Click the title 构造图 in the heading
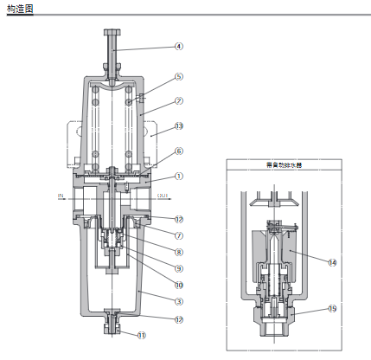coord(19,8)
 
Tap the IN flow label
coord(61,196)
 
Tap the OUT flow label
coord(163,196)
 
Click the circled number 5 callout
coord(179,76)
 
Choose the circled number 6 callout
coord(179,151)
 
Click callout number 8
coord(179,252)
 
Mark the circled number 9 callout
coord(179,268)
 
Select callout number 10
coord(179,284)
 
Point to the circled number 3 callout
coord(179,301)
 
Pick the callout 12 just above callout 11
coord(179,318)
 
